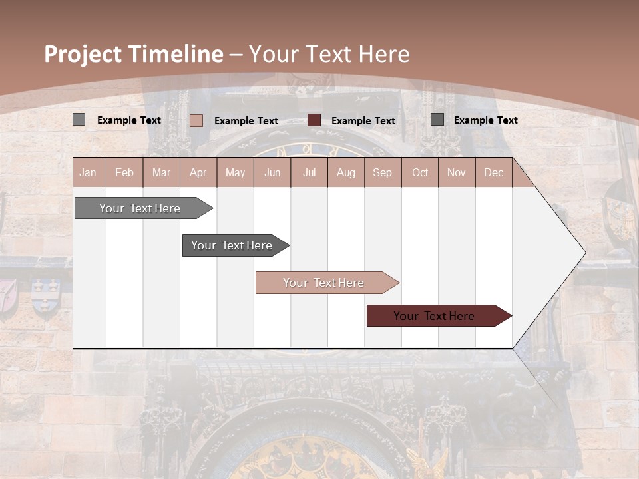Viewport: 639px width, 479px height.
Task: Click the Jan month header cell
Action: point(89,172)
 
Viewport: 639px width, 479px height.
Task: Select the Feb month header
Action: point(124,172)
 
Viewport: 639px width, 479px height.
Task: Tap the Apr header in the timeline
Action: point(198,172)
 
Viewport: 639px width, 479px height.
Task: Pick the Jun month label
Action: point(272,172)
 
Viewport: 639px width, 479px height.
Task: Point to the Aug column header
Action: point(346,172)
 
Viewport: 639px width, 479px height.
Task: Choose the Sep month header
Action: point(383,172)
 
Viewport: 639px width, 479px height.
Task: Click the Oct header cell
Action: point(420,172)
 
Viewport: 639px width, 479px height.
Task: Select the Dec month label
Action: point(494,172)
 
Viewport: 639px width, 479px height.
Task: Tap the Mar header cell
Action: point(161,172)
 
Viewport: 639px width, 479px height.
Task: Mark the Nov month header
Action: point(457,172)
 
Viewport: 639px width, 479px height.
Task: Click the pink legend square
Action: point(196,120)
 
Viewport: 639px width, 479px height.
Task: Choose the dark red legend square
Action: point(314,120)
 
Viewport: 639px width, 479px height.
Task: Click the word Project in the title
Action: point(83,55)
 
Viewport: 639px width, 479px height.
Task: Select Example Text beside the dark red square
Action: point(363,121)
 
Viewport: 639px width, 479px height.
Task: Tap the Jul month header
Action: point(310,172)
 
